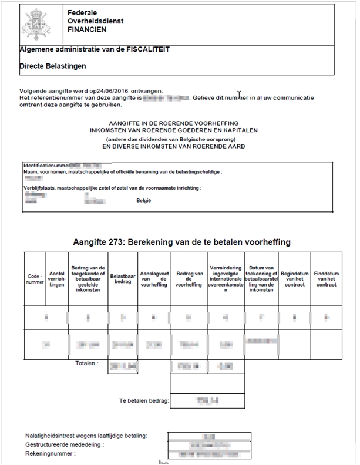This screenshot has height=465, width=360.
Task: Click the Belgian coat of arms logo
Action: click(36, 23)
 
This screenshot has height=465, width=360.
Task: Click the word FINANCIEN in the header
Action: click(88, 30)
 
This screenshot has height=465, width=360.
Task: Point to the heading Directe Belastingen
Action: click(53, 66)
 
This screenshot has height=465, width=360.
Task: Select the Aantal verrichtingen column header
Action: click(57, 279)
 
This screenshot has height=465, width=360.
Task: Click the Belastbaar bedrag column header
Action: click(123, 279)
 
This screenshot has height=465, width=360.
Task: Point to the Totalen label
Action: click(87, 363)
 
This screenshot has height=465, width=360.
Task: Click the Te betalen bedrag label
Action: click(144, 402)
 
